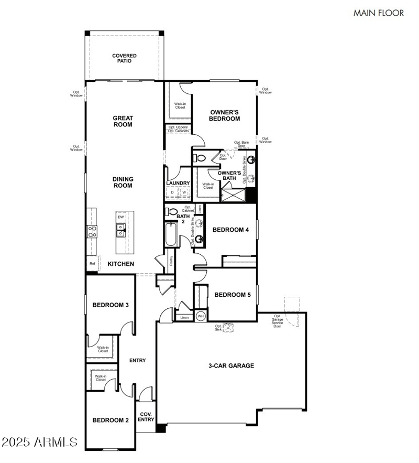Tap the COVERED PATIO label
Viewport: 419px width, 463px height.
click(x=124, y=58)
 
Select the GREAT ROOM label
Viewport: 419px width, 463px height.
click(x=123, y=122)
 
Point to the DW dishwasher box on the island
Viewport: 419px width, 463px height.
click(x=121, y=217)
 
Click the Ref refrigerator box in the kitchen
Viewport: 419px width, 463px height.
click(x=92, y=264)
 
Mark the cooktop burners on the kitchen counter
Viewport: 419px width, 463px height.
click(x=92, y=231)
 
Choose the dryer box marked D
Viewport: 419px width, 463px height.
click(x=172, y=192)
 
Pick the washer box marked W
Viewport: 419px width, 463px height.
click(x=184, y=192)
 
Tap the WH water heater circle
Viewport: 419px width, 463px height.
click(x=201, y=317)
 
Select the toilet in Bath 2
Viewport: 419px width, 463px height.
click(x=172, y=212)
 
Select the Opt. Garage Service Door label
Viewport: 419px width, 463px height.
click(x=277, y=321)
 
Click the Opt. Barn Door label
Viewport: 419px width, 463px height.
click(x=241, y=144)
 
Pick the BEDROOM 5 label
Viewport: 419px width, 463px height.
click(x=233, y=295)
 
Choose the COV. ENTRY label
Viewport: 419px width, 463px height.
click(x=146, y=416)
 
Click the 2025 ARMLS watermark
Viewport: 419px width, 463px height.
click(x=40, y=443)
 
